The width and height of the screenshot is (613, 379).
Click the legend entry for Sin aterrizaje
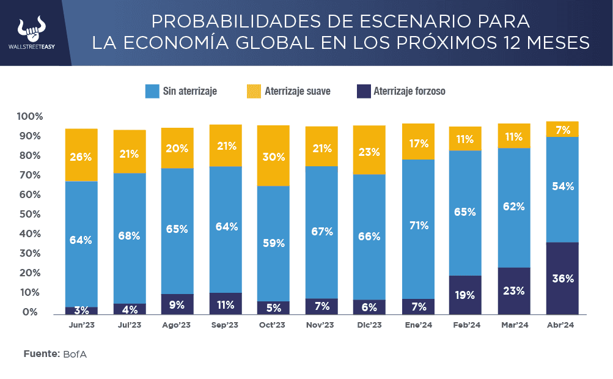click(x=181, y=92)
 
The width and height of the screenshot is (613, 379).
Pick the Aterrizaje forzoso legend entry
click(x=400, y=92)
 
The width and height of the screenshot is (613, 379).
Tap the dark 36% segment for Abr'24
click(x=562, y=278)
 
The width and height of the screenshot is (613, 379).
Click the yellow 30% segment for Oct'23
click(x=273, y=156)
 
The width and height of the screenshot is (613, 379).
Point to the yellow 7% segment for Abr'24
click(x=562, y=129)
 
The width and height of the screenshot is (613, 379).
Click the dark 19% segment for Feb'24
click(x=465, y=295)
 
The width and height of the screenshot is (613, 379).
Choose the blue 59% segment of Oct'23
click(x=273, y=243)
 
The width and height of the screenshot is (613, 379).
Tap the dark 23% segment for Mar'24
click(x=514, y=290)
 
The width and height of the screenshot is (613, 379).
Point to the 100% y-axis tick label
click(x=30, y=116)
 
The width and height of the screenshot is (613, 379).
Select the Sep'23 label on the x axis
click(x=226, y=325)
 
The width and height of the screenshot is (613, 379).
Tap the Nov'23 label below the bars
click(x=321, y=325)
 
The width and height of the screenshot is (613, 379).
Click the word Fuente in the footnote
click(x=41, y=354)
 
